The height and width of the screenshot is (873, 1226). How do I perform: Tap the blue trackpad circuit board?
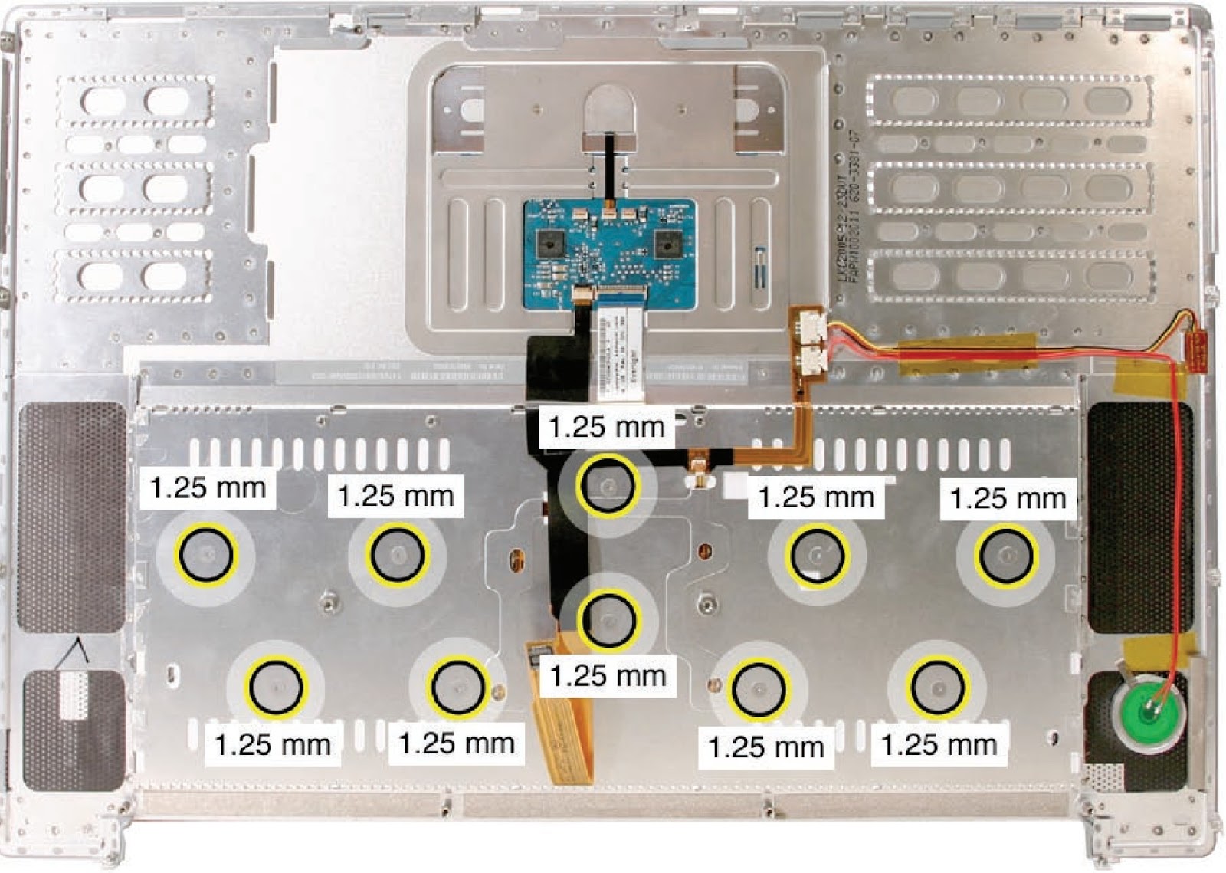pyautogui.click(x=610, y=254)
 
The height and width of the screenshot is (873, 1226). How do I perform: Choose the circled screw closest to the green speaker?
pyautogui.click(x=937, y=688)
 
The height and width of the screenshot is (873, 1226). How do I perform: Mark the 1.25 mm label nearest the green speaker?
pyautogui.click(x=939, y=745)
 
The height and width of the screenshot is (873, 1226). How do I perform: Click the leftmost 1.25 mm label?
pyautogui.click(x=208, y=487)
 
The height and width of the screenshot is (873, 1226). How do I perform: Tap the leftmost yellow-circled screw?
pyautogui.click(x=205, y=553)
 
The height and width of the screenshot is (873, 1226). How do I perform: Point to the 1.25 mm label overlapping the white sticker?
pyautogui.click(x=607, y=427)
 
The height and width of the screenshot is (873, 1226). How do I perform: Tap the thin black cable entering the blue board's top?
pyautogui.click(x=609, y=165)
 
